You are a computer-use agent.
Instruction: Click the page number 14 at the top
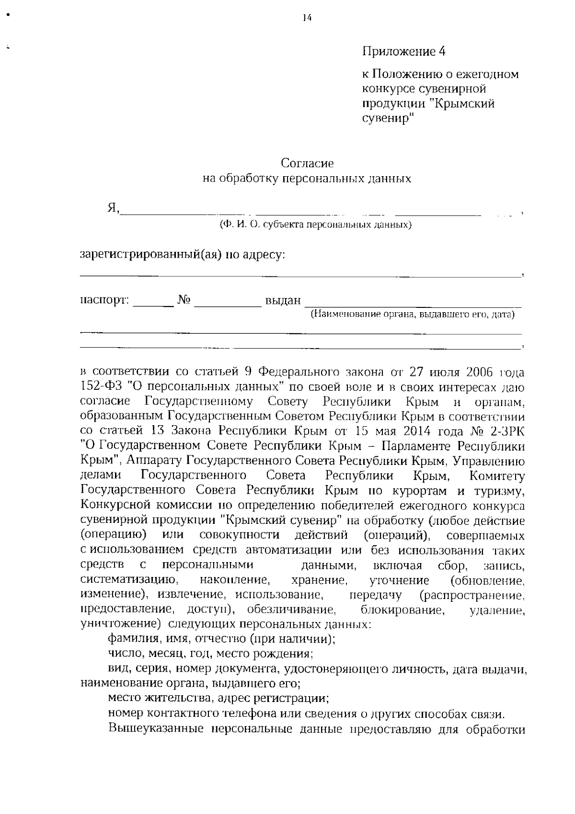click(307, 18)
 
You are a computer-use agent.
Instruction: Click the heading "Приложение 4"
click(403, 51)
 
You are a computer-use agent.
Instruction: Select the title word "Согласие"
click(307, 163)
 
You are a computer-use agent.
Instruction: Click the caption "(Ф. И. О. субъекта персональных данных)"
click(315, 224)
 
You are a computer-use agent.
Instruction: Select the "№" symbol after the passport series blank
click(184, 300)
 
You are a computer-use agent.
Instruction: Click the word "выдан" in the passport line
click(283, 301)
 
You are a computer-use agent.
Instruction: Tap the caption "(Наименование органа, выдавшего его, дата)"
click(413, 315)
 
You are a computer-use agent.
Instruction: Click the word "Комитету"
click(497, 476)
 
